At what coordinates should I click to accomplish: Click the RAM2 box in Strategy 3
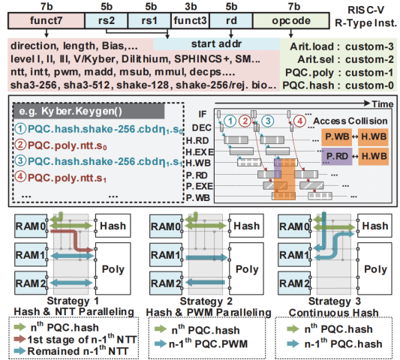click(x=294, y=284)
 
